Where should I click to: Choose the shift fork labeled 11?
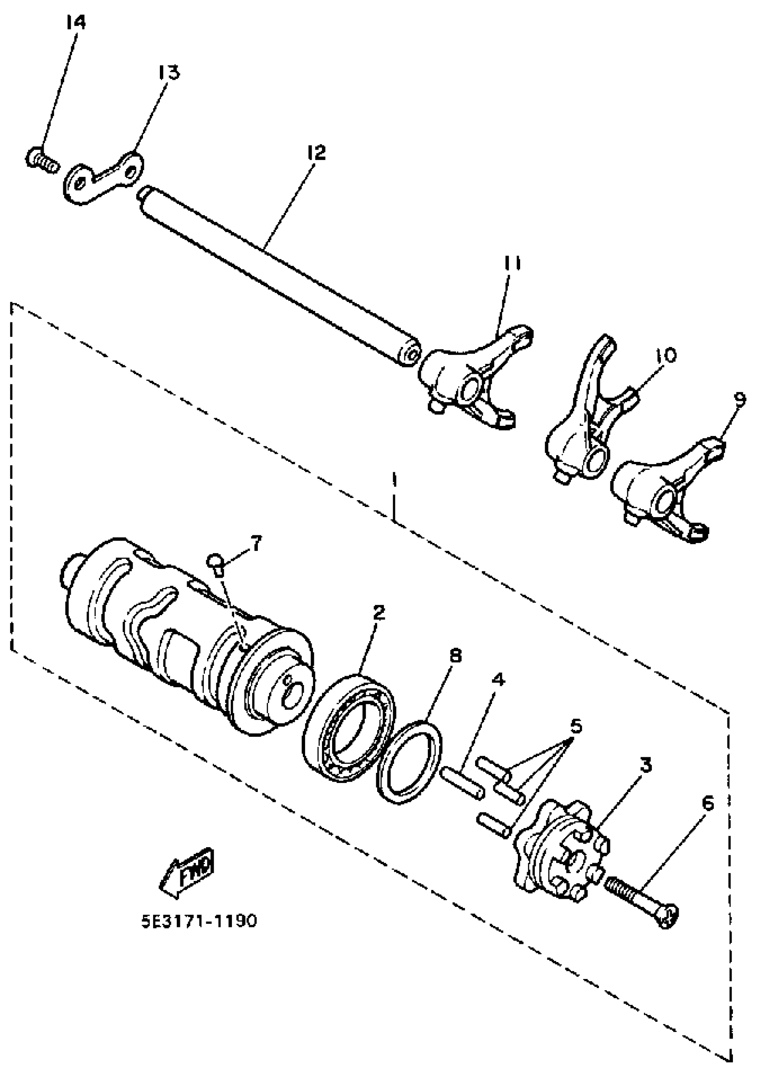474,375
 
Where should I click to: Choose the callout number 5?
575,726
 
